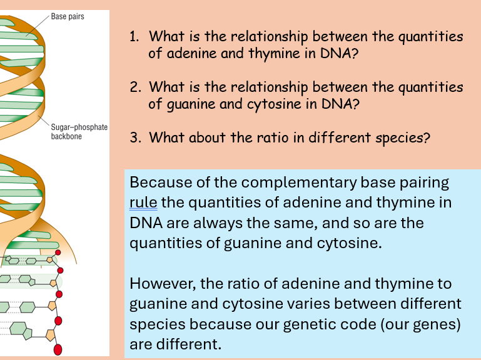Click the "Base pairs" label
(x=68, y=17)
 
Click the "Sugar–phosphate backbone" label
(x=79, y=132)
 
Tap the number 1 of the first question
(x=133, y=36)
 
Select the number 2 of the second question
(x=134, y=87)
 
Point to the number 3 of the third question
(x=134, y=137)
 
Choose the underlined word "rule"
(x=143, y=203)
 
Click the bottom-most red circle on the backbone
(x=59, y=349)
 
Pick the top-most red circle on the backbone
(x=59, y=253)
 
